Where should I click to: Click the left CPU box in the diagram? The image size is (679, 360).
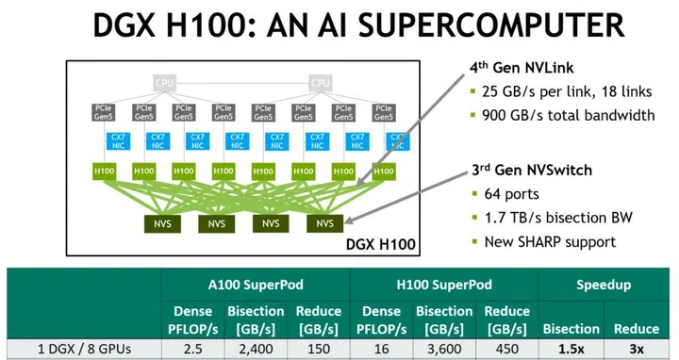(x=164, y=83)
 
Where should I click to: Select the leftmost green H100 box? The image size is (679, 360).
(x=104, y=172)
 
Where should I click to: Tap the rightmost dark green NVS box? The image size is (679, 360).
(x=324, y=223)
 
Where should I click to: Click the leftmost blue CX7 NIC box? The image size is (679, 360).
(x=104, y=142)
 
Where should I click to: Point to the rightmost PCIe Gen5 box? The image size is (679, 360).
(x=383, y=112)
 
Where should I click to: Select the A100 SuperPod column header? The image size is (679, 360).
(x=255, y=284)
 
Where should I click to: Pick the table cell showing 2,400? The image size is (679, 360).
(x=256, y=350)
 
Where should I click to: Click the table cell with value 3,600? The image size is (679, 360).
(x=443, y=350)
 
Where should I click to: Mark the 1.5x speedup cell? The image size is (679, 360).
(x=570, y=350)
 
